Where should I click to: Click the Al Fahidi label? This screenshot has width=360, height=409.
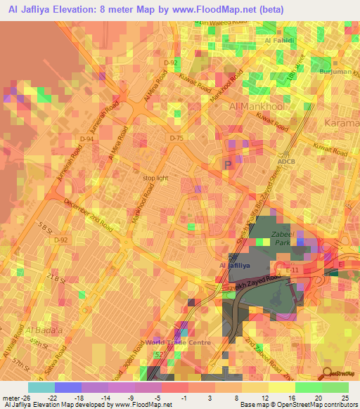[x=278, y=41]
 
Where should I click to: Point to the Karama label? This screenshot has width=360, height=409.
[x=342, y=123]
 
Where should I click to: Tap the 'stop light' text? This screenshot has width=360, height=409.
[x=155, y=178]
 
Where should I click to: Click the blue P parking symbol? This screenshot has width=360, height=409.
[x=227, y=164]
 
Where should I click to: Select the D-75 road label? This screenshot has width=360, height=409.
[x=176, y=138]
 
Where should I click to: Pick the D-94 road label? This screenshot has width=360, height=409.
[x=86, y=139]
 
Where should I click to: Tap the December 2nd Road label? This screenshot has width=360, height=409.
[x=88, y=215]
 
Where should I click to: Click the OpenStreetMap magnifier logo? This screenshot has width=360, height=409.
[x=326, y=373]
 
